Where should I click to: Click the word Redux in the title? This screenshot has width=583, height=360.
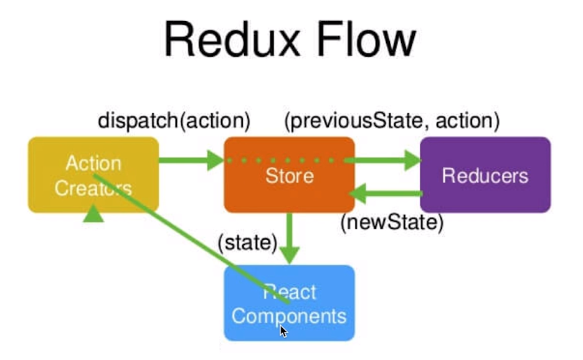[227, 40]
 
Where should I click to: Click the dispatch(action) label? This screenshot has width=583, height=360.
[174, 120]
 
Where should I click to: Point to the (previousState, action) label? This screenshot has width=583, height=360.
[392, 120]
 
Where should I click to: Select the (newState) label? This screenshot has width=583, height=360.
[392, 223]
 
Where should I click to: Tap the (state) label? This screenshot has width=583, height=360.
[247, 242]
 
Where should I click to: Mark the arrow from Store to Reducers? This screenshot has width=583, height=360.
[383, 160]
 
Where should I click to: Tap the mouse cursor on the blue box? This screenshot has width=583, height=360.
[283, 331]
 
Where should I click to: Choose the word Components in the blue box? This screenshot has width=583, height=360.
[289, 316]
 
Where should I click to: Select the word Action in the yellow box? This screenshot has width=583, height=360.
[93, 164]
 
